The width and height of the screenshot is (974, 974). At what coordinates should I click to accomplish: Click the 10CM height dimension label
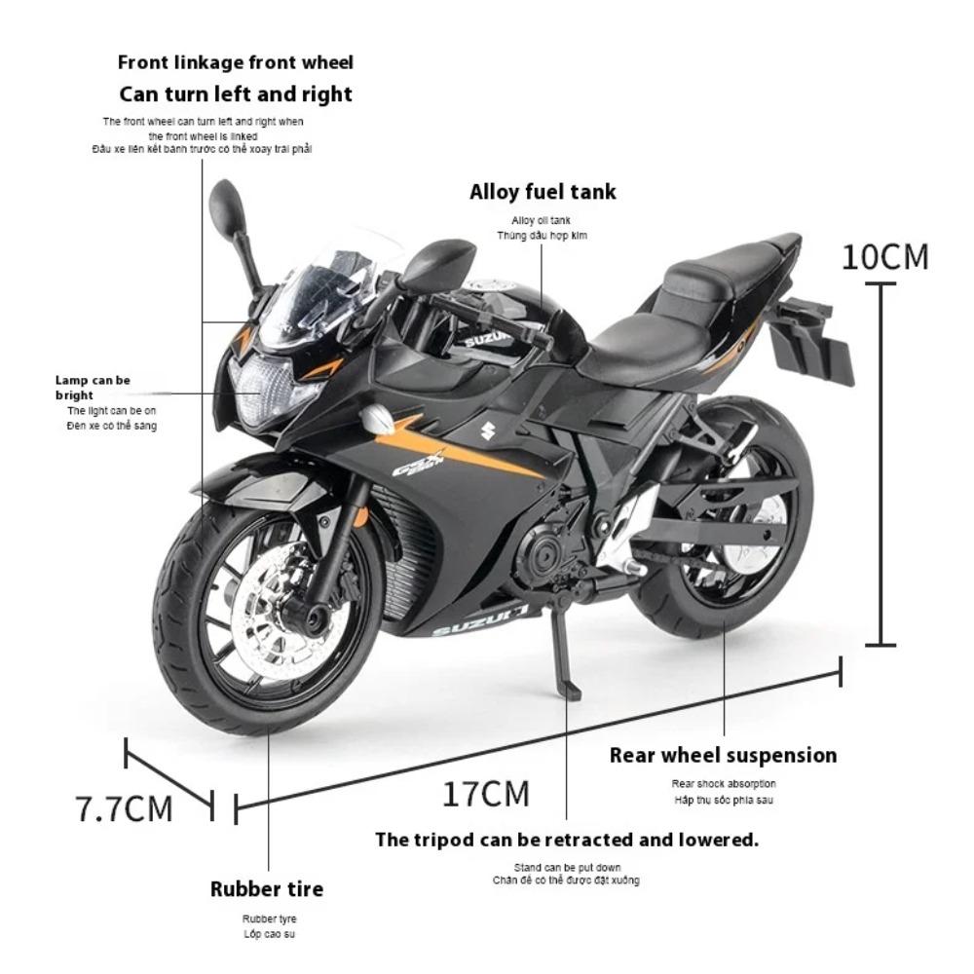click(x=884, y=256)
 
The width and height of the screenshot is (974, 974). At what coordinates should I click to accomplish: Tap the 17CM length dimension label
click(x=486, y=794)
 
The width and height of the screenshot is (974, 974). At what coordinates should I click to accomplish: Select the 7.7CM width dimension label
click(x=124, y=808)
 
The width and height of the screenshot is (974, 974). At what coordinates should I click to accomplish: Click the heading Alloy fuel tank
click(x=543, y=192)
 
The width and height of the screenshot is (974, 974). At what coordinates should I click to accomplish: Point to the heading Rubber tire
click(x=267, y=888)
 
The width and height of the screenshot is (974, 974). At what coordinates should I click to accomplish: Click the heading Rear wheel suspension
click(x=723, y=755)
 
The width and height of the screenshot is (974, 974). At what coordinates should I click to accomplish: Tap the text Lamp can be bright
click(x=93, y=388)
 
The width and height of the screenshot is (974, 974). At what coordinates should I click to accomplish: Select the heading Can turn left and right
click(x=236, y=94)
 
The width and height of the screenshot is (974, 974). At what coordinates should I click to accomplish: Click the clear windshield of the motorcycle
click(x=321, y=282)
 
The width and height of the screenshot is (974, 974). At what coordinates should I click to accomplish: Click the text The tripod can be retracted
click(x=567, y=840)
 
